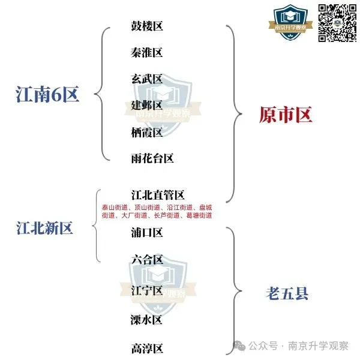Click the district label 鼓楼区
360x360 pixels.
pyautogui.click(x=147, y=26)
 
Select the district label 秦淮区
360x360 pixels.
pyautogui.click(x=147, y=53)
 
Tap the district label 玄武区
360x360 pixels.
pyautogui.click(x=147, y=79)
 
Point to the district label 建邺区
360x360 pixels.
pyautogui.click(x=147, y=106)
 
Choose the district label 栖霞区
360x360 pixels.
pyautogui.click(x=147, y=132)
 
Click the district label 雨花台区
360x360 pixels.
pyautogui.click(x=152, y=158)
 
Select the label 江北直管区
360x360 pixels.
pyautogui.click(x=158, y=195)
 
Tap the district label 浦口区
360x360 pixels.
pyautogui.click(x=147, y=232)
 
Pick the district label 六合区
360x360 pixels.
pyautogui.click(x=147, y=260)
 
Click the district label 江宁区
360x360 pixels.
pyautogui.click(x=147, y=290)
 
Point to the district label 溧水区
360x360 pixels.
pyautogui.click(x=147, y=319)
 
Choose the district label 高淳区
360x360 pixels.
pyautogui.click(x=147, y=348)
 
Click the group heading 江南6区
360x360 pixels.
pyautogui.click(x=47, y=94)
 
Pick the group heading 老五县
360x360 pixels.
pyautogui.click(x=287, y=293)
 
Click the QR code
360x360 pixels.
pyautogui.click(x=338, y=23)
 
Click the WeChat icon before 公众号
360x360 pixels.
pyautogui.click(x=239, y=346)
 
